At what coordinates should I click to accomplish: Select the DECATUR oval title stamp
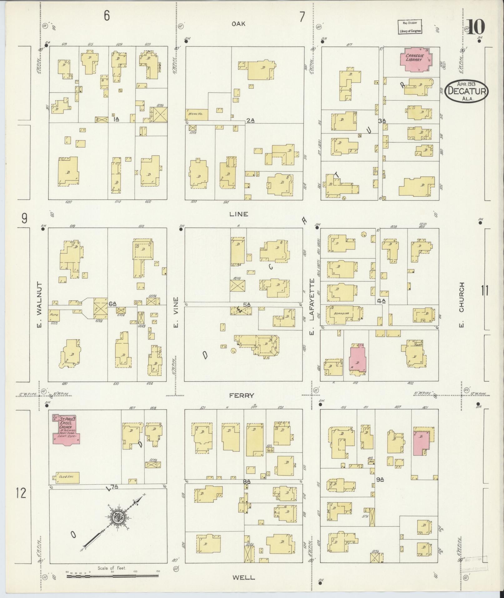coord(467,91)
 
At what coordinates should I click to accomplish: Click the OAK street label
coord(239,24)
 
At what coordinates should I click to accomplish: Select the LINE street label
coord(238,214)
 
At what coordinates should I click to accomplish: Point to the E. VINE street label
coord(176,313)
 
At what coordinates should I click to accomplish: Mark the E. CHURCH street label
coord(462,305)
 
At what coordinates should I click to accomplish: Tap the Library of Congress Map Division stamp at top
coord(410,27)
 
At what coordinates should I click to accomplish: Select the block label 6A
coord(112,304)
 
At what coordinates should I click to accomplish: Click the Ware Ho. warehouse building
coord(197,114)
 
